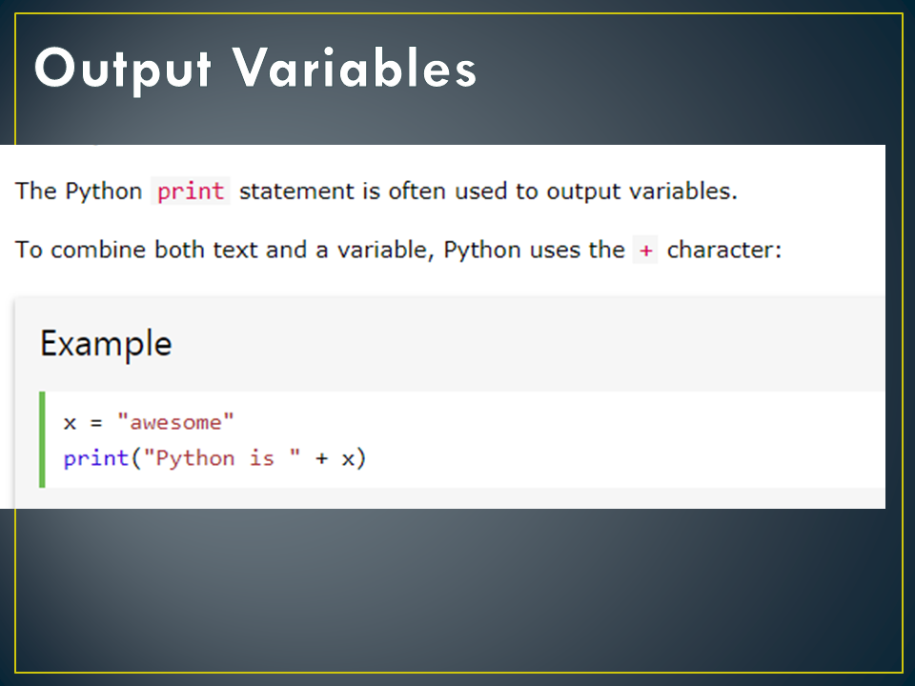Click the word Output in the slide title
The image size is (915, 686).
point(120,69)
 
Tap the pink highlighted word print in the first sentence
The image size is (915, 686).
point(191,191)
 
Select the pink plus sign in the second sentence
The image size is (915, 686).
point(645,251)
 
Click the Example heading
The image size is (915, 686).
point(106,343)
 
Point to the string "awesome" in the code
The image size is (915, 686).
point(175,422)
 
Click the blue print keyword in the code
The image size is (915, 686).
point(96,458)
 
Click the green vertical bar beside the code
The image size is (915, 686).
point(42,439)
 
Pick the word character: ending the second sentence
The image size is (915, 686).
point(724,251)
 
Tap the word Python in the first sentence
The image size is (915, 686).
point(103,191)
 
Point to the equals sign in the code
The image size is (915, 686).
point(95,422)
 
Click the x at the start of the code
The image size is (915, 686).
point(70,422)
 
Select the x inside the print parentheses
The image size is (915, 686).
point(348,458)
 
